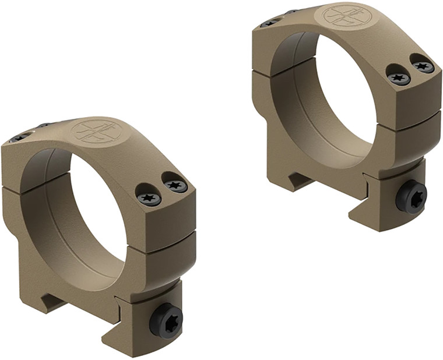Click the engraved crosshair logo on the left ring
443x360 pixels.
(96, 132)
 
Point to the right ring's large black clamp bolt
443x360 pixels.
(411, 196)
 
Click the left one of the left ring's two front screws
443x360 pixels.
(149, 197)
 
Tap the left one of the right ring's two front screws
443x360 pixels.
(399, 77)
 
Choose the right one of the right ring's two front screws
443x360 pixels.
(424, 66)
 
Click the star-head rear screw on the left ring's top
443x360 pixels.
(19, 138)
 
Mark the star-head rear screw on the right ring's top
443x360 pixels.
(269, 23)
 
